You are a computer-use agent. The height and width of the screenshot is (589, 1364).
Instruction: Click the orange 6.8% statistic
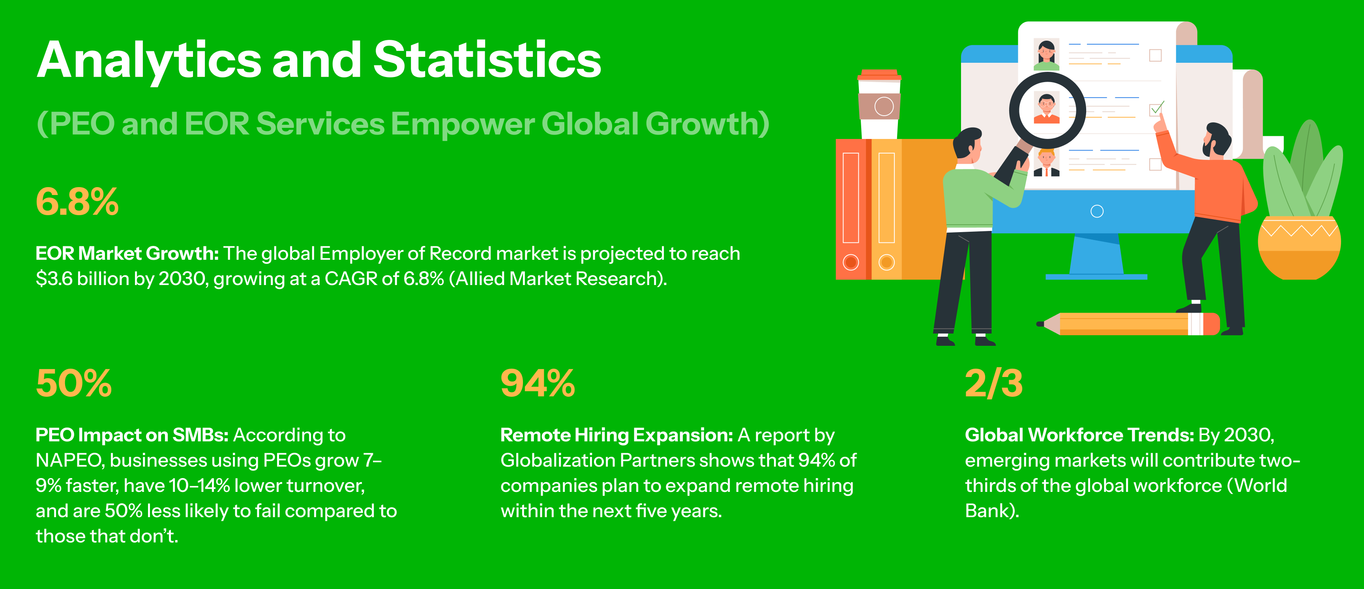77,202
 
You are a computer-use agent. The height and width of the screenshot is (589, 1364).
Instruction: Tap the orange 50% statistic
73,383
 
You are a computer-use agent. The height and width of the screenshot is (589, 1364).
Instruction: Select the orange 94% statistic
538,383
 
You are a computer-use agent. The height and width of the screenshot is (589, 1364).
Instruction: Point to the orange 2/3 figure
994,383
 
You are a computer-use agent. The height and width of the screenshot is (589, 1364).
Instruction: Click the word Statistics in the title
487,59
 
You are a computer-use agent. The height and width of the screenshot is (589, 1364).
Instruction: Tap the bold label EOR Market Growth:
127,254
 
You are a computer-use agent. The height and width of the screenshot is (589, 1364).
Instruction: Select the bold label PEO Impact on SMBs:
132,435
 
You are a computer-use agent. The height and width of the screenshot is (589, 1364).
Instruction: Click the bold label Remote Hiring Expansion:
617,435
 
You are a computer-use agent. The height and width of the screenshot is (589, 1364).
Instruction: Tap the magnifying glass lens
1047,110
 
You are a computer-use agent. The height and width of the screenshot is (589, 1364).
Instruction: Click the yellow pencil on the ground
1128,324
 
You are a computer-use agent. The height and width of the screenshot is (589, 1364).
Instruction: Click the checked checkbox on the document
1156,109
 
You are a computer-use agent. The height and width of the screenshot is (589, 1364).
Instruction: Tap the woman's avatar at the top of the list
1047,54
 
